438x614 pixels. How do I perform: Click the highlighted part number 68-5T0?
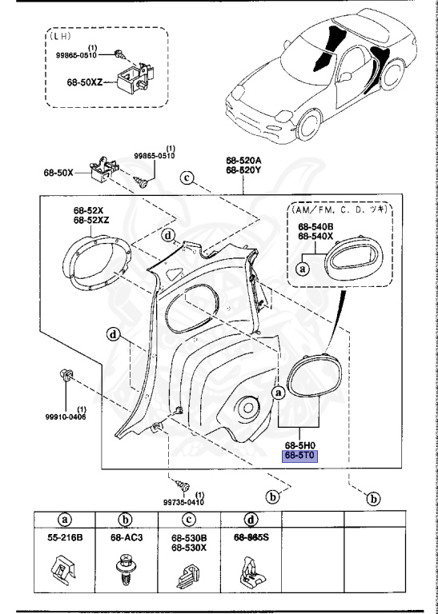coord(301,457)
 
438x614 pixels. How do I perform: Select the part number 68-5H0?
coord(301,445)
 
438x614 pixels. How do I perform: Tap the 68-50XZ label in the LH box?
coord(84,82)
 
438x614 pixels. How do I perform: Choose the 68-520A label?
coord(243,161)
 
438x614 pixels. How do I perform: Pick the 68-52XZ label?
coord(91,220)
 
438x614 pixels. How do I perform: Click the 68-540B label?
coord(315,227)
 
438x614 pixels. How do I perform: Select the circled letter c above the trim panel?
coord(187,178)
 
